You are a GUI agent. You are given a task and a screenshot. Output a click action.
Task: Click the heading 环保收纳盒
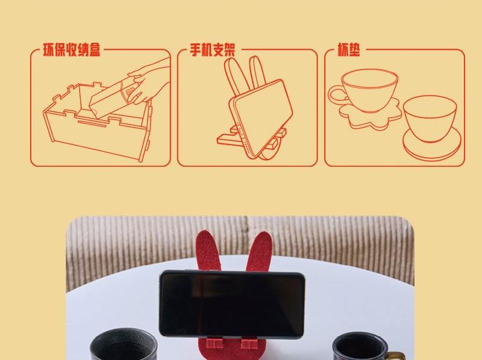tap(71, 50)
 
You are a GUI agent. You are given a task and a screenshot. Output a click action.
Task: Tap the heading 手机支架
tap(213, 50)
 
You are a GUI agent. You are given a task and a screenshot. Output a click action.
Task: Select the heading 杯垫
tap(349, 50)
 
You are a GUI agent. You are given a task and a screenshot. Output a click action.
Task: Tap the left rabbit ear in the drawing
tap(234, 75)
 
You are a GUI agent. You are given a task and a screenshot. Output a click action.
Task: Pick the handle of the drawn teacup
tap(337, 95)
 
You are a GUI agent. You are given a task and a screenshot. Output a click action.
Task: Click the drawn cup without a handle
tap(430, 118)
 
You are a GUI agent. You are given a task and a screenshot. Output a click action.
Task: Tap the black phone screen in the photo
tap(232, 305)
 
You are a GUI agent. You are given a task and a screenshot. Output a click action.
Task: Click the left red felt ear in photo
tap(208, 250)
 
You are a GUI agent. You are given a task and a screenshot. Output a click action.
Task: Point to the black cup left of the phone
tap(124, 345)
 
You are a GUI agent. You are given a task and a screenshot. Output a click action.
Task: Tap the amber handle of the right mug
tap(396, 356)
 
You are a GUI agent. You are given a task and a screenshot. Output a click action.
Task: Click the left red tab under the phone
tap(214, 344)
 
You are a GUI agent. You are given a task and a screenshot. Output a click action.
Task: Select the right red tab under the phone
tap(249, 344)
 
